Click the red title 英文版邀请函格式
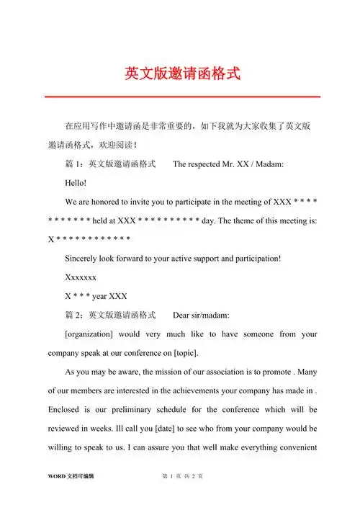[180, 73]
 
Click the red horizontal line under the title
[180, 97]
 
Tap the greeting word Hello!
[76, 183]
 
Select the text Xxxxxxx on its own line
[81, 277]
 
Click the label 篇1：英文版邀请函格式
[111, 164]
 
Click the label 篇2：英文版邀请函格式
[111, 315]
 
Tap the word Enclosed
[67, 408]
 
